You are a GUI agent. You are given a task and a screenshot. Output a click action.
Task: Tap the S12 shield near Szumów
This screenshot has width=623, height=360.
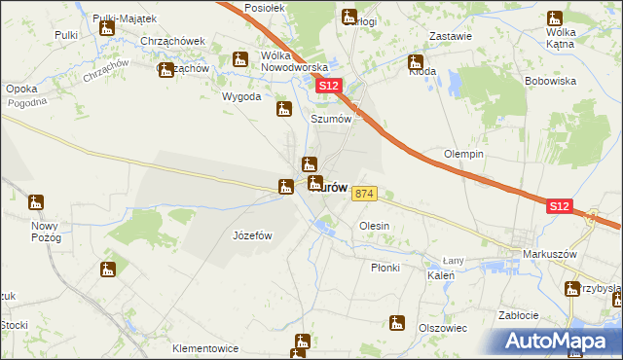click(330, 87)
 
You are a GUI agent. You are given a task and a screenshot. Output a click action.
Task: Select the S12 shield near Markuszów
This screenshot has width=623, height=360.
click(559, 206)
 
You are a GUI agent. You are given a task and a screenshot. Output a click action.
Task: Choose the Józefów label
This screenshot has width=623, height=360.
click(252, 235)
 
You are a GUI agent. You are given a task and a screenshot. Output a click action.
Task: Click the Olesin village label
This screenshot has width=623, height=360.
click(375, 226)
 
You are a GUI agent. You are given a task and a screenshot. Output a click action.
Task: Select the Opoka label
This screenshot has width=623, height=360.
click(21, 89)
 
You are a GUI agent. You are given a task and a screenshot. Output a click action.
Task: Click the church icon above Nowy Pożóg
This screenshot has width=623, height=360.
click(36, 203)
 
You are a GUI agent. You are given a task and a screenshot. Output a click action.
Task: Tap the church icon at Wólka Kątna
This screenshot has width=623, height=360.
click(555, 18)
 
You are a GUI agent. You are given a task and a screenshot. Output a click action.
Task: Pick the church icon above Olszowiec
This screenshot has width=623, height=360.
click(397, 322)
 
